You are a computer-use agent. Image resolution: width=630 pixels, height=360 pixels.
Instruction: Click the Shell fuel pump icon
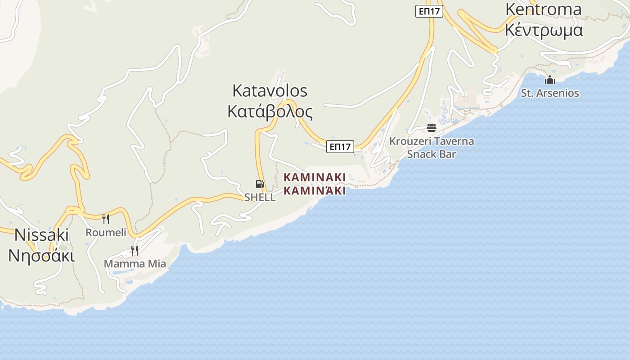point(260,184)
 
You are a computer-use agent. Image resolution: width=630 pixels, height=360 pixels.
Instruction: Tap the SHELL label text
point(260,197)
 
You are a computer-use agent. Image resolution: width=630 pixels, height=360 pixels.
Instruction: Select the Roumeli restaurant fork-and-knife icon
point(106,219)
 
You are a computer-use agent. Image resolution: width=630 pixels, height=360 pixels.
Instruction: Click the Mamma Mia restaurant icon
point(134,250)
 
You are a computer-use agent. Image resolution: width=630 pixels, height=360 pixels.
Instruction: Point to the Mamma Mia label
point(135,264)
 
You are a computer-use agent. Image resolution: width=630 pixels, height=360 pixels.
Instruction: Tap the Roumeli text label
point(106,232)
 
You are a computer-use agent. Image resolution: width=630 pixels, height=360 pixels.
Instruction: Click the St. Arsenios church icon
point(549,80)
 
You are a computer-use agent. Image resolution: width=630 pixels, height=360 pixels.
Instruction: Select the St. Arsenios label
point(550,93)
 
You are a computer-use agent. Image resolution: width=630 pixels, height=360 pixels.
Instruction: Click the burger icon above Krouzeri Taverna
point(432,128)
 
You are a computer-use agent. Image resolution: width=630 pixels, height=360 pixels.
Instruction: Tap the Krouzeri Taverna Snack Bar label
point(432,148)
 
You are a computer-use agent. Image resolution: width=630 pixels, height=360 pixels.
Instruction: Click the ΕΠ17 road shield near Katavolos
point(340,147)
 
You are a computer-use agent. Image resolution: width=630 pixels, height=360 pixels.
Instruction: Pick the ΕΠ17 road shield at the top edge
point(429,11)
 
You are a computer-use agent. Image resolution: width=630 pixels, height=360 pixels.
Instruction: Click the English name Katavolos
point(270,91)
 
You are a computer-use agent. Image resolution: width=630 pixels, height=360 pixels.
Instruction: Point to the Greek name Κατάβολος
point(270,111)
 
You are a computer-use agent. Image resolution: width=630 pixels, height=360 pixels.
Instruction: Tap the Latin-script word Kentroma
point(543,9)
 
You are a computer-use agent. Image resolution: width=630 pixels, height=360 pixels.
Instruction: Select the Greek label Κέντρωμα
point(544,30)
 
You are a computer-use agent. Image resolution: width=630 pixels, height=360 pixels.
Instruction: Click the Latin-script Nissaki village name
point(42,235)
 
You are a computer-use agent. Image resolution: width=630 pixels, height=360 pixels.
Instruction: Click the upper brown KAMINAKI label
point(315,177)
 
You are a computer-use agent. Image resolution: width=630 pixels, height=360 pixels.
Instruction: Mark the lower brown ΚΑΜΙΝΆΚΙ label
point(315,191)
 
